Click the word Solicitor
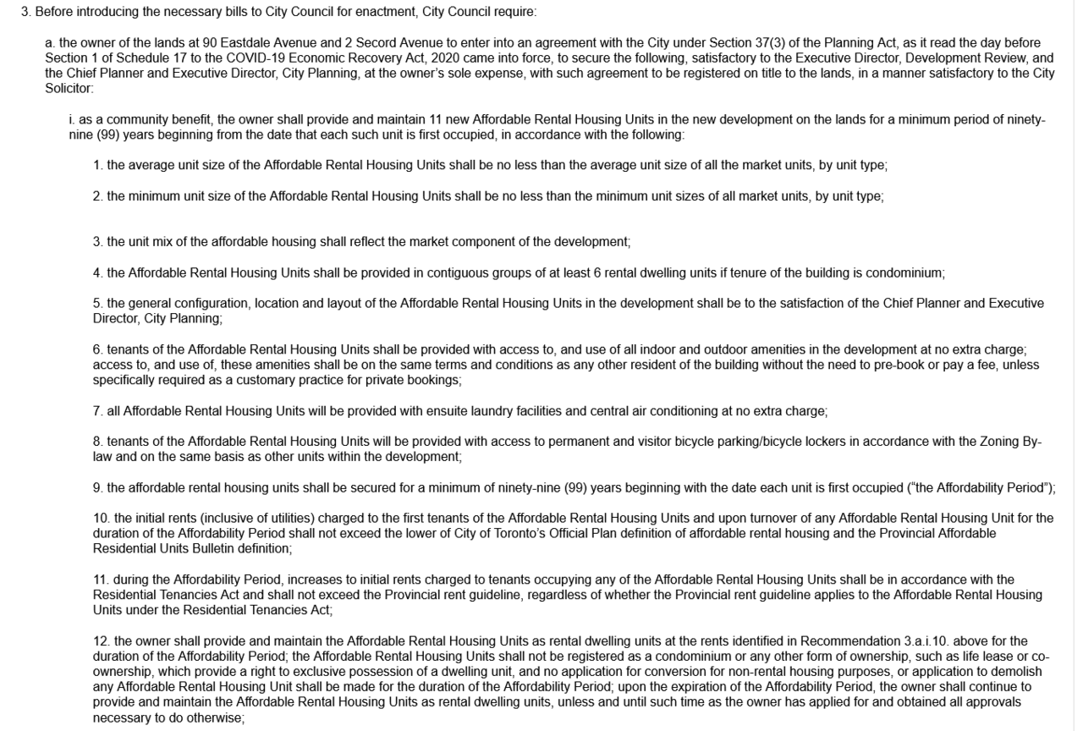coord(70,88)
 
